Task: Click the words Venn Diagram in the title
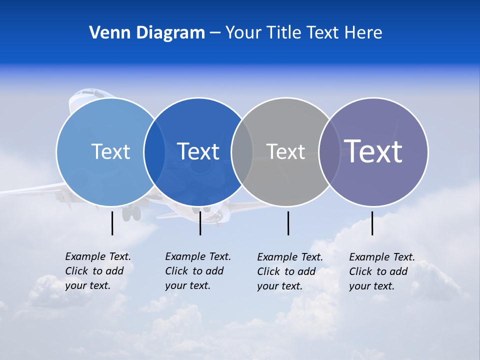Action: (x=147, y=33)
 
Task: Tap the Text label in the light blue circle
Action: (x=110, y=151)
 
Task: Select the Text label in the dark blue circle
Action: (x=198, y=151)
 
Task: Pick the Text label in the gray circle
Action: (x=285, y=151)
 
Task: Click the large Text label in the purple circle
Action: (x=373, y=151)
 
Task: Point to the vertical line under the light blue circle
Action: (x=112, y=223)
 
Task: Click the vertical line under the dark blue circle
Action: (x=200, y=223)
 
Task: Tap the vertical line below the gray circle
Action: (x=288, y=223)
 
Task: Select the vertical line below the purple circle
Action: (x=372, y=223)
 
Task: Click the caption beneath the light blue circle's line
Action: (x=97, y=271)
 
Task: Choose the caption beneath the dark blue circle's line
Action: (x=197, y=271)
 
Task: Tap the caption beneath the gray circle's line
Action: (x=289, y=271)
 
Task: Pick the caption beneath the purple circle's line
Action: (x=381, y=271)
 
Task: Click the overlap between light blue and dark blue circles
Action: (x=154, y=151)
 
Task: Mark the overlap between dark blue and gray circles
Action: (x=242, y=151)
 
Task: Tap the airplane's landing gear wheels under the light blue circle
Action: (x=131, y=213)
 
